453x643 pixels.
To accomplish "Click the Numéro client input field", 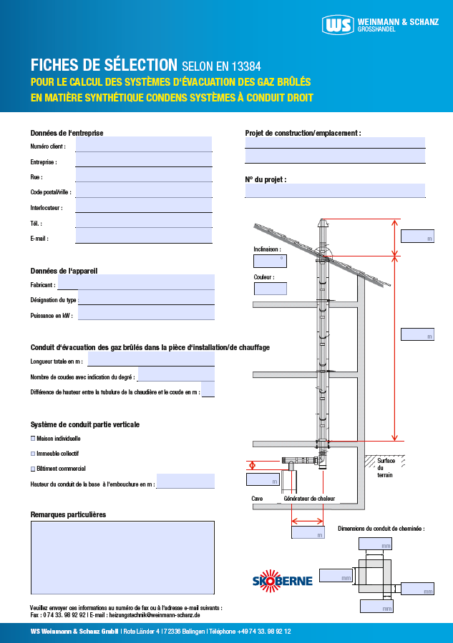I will point(143,145).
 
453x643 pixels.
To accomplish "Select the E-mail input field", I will point(143,236).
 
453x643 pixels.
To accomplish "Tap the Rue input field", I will point(143,175).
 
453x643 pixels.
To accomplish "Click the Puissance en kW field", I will point(146,313).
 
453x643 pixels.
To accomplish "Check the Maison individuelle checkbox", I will point(33,438).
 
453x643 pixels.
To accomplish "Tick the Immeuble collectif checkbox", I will point(33,454).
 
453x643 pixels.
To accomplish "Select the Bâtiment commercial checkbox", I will point(33,469).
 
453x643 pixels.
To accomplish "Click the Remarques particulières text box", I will point(122,557).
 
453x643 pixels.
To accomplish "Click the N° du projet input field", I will point(335,191).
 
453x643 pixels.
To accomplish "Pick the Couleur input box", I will point(270,289).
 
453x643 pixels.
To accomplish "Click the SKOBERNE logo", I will point(282,579).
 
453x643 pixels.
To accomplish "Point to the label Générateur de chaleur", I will point(309,499).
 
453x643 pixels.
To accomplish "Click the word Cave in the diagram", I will point(257,499).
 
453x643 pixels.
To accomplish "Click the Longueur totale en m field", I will point(150,359).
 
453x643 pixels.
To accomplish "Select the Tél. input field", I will point(143,221).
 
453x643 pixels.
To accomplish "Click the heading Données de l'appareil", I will point(64,271).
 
